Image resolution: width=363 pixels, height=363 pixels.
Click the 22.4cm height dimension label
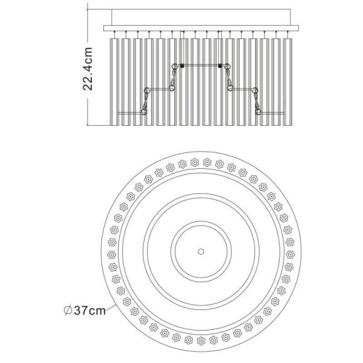(x=88, y=69)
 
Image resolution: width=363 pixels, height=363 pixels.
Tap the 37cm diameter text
(x=90, y=311)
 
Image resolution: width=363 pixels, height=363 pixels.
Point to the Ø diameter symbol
(x=68, y=311)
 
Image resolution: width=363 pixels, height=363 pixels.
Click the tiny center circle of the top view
(x=201, y=252)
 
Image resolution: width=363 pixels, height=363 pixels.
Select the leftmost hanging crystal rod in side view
(x=114, y=82)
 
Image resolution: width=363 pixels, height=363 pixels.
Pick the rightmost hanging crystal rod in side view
(x=287, y=82)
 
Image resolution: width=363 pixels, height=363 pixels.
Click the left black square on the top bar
(x=182, y=66)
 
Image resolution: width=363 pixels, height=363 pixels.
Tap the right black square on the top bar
(x=220, y=66)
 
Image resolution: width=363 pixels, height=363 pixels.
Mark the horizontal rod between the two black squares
(x=201, y=66)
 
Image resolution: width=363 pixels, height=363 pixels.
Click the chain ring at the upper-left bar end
(x=174, y=67)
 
